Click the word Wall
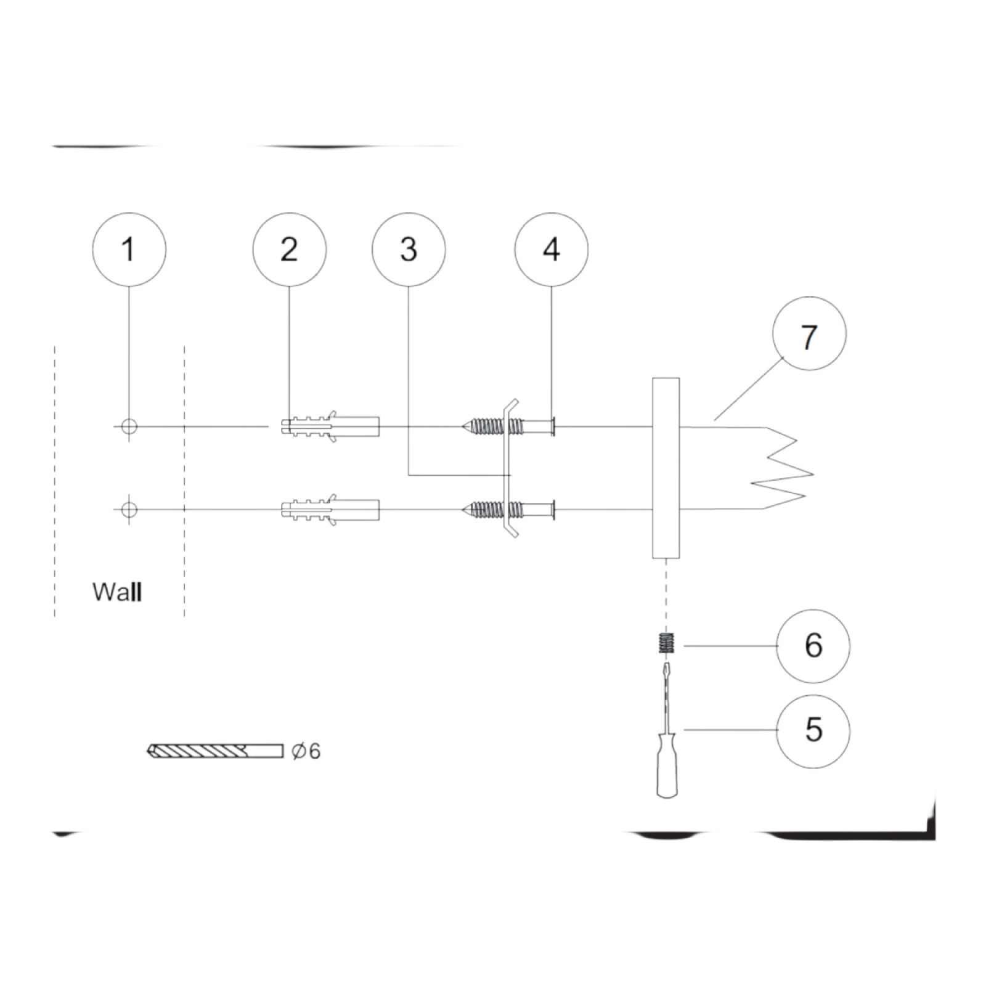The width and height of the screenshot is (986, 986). pyautogui.click(x=118, y=592)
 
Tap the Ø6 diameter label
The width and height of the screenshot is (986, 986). pyautogui.click(x=306, y=751)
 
